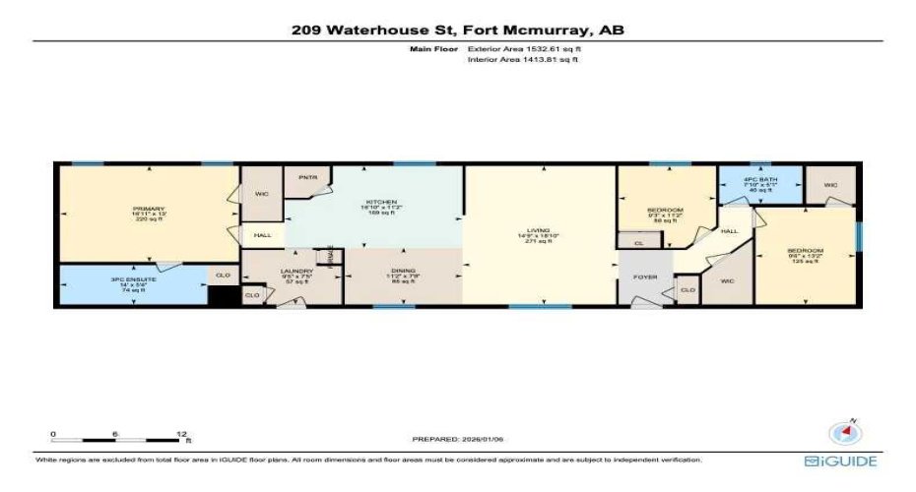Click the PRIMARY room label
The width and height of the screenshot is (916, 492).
point(149,209)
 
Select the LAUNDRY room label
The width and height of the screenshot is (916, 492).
point(297,272)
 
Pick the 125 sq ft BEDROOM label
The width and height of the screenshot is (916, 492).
point(804,251)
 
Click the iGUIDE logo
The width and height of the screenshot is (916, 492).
point(840,461)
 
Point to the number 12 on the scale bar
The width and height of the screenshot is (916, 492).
point(181,434)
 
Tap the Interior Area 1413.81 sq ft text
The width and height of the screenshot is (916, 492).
point(522,60)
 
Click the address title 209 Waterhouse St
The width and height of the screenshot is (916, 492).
point(457,30)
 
